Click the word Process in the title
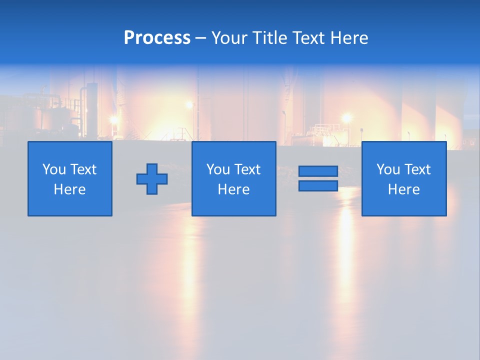point(157,38)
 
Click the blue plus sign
point(152,178)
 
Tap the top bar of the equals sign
point(318,171)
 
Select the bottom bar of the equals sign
point(318,185)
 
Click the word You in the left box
point(54,169)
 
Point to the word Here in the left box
point(69,189)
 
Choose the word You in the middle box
point(218,169)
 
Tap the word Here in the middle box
point(233,189)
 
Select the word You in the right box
point(388,169)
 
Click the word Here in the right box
point(403,189)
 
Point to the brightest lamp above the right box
point(346,118)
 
